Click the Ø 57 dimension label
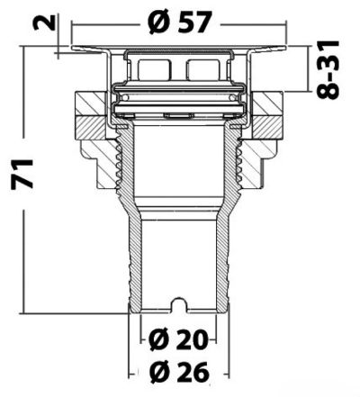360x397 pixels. [180, 22]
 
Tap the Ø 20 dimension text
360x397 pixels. [179, 340]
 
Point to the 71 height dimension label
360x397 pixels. [22, 174]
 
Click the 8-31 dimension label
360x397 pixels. [328, 69]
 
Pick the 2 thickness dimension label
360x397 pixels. [44, 23]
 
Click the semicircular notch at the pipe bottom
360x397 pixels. [179, 304]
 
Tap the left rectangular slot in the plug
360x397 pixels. [153, 70]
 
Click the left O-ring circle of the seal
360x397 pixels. [126, 97]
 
